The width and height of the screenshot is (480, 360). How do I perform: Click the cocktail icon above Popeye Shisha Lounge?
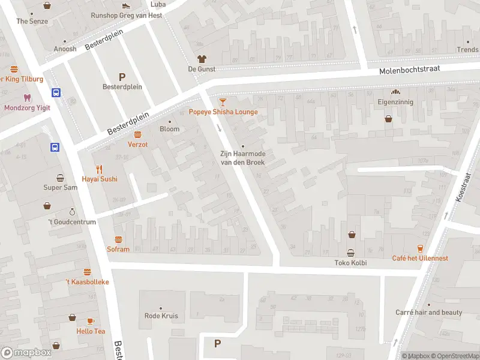coord(223,102)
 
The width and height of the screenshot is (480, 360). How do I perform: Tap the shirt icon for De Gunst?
coord(202,59)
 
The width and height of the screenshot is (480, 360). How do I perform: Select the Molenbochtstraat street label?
coord(409,70)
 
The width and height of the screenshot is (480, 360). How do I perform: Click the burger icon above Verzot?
coord(137,134)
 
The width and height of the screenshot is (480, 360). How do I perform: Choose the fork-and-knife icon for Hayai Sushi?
coord(100,169)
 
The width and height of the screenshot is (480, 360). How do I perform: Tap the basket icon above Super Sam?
coord(61,178)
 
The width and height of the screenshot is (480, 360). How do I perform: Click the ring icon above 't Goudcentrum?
coord(72,212)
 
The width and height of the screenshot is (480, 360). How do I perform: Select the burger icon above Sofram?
coord(118,239)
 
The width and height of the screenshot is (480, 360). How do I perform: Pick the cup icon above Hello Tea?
coord(91,322)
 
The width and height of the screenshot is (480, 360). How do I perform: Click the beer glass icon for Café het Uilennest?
coord(420,248)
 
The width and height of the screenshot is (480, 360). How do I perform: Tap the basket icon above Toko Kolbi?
coord(350,253)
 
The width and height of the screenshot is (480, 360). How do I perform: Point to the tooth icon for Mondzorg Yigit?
coord(27,97)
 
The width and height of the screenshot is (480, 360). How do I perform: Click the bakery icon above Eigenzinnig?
coord(395,92)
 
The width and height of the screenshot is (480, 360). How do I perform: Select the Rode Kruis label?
coord(161,316)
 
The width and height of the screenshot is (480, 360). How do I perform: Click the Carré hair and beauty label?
coord(428,312)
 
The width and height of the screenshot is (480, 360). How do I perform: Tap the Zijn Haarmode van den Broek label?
coord(242,158)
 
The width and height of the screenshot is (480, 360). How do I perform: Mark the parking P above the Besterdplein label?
coord(122,76)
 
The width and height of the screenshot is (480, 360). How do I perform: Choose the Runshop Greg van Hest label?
coord(126,15)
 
